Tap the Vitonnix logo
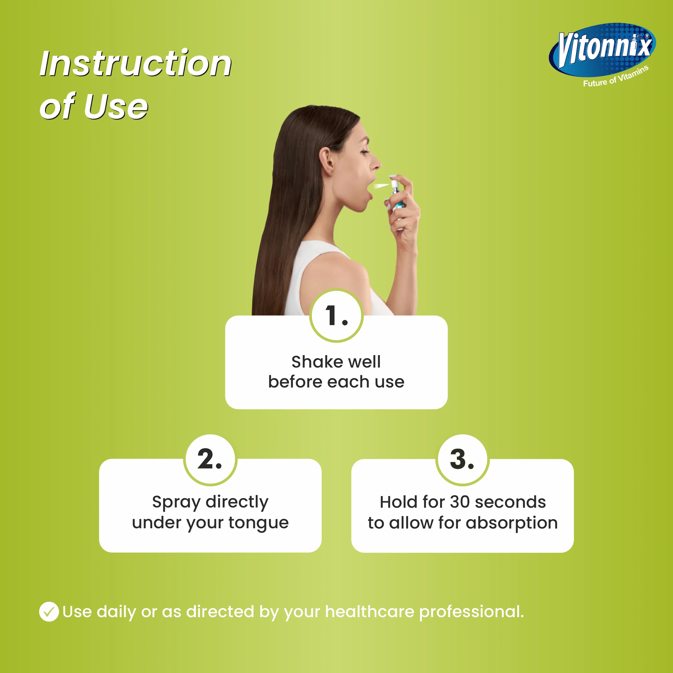tap(602, 50)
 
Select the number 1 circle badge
tap(336, 316)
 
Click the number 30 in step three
tap(460, 502)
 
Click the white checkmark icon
tap(49, 612)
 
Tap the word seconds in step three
tap(510, 502)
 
